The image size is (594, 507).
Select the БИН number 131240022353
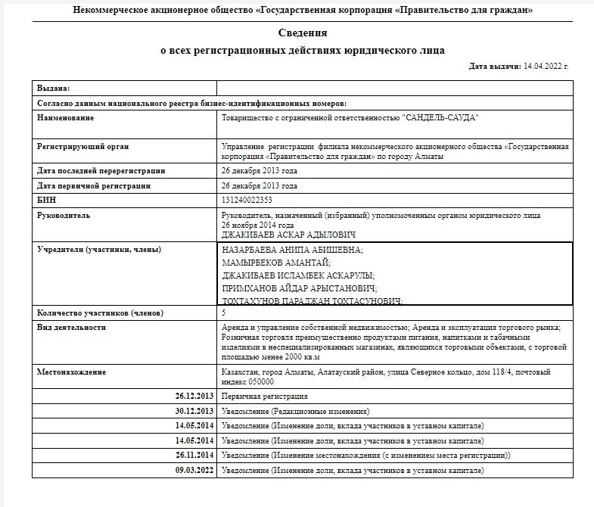pos(247,200)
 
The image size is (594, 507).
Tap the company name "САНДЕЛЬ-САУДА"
pos(440,118)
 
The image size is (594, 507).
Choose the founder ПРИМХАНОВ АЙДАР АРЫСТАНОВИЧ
pos(297,288)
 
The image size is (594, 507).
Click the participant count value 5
pos(223,313)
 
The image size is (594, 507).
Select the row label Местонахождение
pos(72,372)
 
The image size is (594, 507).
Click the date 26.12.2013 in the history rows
pos(194,397)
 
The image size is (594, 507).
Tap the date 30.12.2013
pos(194,411)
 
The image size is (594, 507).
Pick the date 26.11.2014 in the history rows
pos(194,456)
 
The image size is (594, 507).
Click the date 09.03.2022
pos(194,470)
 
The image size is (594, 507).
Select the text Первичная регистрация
pos(264,397)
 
